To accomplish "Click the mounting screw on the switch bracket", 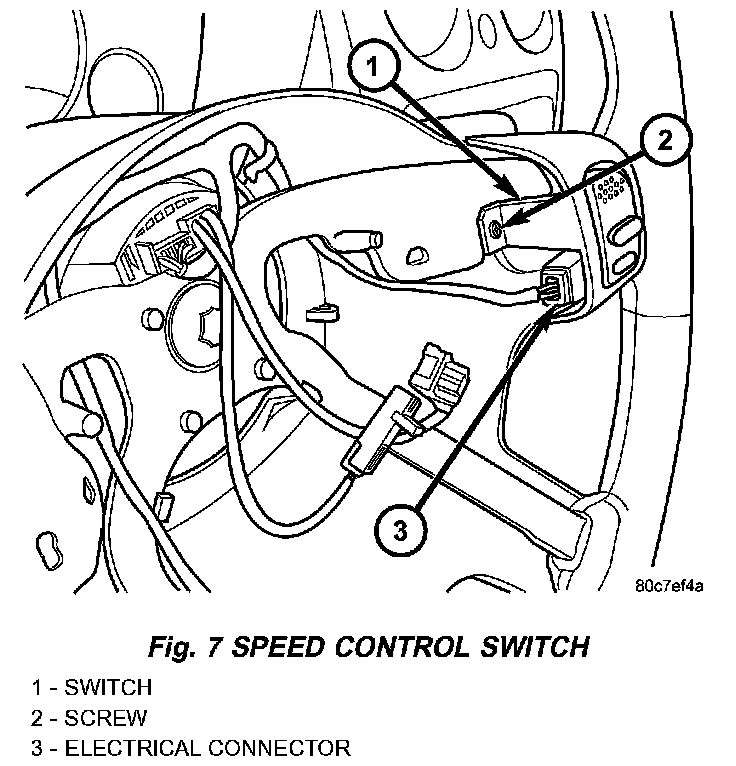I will [x=498, y=231].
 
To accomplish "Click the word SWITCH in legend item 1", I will [x=108, y=687].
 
